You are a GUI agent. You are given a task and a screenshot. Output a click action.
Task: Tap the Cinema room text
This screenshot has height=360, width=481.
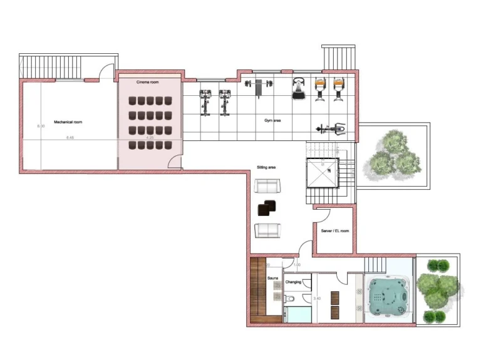148,83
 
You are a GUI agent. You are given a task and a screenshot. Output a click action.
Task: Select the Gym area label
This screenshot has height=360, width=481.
272,120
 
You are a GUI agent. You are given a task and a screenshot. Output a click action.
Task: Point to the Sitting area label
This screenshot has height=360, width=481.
266,168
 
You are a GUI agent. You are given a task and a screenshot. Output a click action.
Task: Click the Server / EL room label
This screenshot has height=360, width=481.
334,230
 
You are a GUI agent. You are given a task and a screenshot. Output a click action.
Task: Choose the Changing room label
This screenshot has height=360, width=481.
293,282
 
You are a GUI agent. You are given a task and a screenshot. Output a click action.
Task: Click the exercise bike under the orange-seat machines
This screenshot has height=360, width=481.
330,128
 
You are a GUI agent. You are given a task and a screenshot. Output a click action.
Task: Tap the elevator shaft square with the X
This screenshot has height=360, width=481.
321,174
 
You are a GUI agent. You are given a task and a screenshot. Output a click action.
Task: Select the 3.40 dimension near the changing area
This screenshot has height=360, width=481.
316,299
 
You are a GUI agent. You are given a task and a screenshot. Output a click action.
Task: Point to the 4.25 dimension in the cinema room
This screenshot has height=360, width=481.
150,137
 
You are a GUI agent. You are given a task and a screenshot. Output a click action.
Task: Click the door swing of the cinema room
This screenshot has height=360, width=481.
177,162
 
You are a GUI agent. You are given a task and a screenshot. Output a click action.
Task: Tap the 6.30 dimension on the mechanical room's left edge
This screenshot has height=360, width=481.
41,126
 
